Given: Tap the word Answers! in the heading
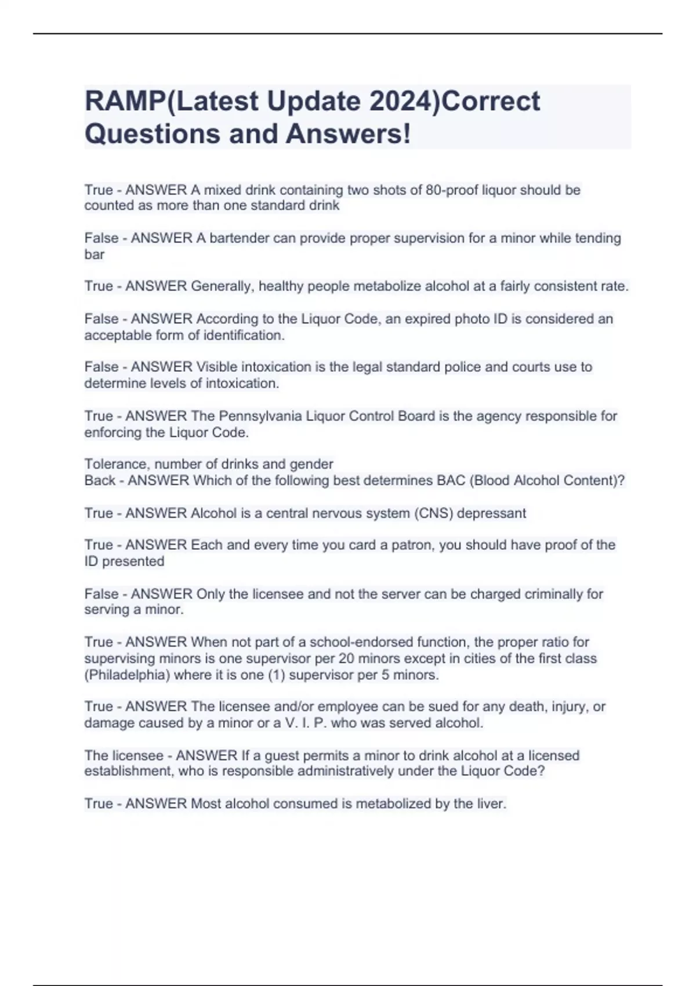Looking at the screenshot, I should [x=348, y=133].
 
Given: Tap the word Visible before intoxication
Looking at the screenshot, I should [x=217, y=367].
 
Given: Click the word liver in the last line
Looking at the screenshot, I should [x=491, y=803].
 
